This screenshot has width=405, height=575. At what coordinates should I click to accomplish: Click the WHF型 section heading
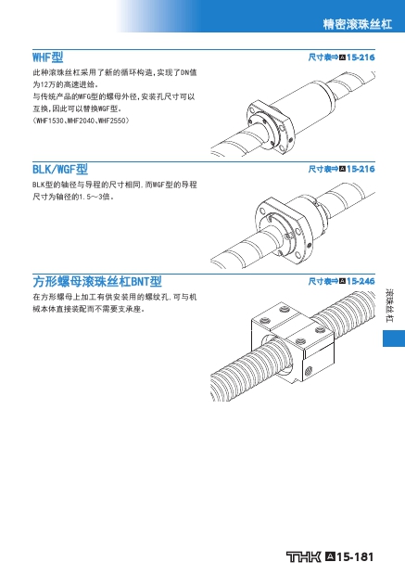point(47,57)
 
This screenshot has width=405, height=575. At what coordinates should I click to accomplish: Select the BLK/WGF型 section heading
point(60,170)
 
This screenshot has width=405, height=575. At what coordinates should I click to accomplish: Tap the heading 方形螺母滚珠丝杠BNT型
point(97,282)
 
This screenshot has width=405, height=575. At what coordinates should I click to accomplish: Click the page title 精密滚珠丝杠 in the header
point(358,24)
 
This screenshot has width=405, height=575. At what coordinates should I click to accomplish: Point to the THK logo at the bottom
point(303,556)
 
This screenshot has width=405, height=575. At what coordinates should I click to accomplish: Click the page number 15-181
point(355,557)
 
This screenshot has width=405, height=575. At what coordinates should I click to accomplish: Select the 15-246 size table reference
point(361,281)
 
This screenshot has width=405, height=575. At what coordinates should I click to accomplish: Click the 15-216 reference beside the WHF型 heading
point(361,57)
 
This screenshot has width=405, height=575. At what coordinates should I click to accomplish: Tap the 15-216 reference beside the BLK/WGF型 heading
point(361,169)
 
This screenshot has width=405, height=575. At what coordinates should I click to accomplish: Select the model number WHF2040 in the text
point(81,121)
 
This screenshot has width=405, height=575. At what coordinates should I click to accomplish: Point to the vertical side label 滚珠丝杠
point(389,306)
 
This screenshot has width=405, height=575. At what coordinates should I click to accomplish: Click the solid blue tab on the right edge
point(394,339)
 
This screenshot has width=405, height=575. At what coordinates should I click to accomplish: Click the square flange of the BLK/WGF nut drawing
point(284,227)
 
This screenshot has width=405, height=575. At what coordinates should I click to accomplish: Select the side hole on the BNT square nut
point(309,370)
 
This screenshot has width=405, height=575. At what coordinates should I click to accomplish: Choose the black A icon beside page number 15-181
point(330,556)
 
